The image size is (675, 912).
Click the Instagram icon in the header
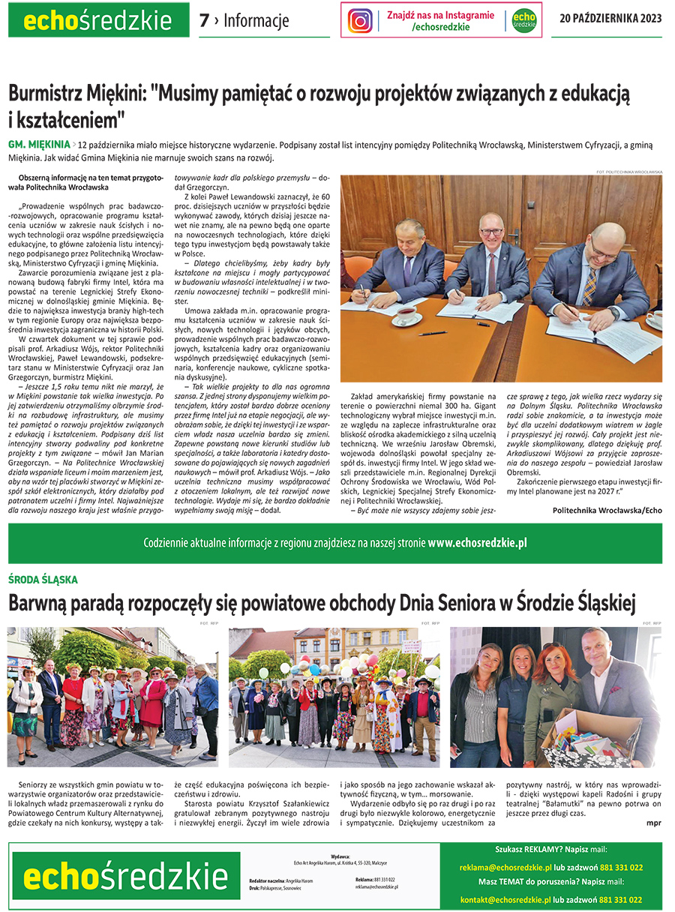pyautogui.click(x=360, y=20)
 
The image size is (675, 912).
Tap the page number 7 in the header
pyautogui.click(x=204, y=21)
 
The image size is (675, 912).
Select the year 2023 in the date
pyautogui.click(x=649, y=19)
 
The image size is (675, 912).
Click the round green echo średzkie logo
pyautogui.click(x=524, y=20)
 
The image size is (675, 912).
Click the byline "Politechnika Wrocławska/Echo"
pyautogui.click(x=607, y=510)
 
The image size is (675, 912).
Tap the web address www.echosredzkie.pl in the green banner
pyautogui.click(x=478, y=543)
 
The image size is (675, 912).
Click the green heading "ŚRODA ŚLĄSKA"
pyautogui.click(x=43, y=580)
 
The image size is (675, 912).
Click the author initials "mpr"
pyautogui.click(x=653, y=822)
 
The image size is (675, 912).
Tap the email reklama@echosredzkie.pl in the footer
pyautogui.click(x=507, y=868)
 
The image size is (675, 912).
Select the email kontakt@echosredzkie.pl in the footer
pyautogui.click(x=505, y=899)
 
